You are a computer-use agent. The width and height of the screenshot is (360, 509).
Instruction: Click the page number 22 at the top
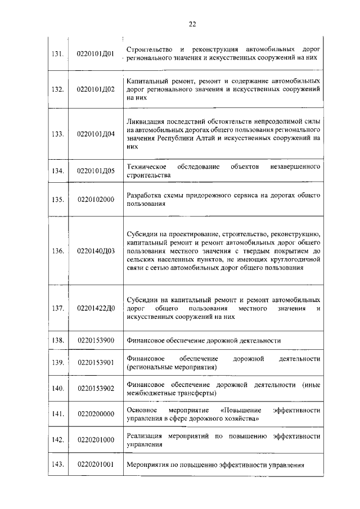(192, 24)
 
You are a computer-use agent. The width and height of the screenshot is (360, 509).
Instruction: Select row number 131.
(57, 54)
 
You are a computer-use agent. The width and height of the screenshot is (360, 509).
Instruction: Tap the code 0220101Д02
(96, 89)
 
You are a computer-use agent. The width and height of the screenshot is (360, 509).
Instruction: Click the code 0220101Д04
(96, 134)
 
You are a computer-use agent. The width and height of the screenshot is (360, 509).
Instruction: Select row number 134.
(57, 172)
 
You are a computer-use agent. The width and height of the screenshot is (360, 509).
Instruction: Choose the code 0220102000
(96, 199)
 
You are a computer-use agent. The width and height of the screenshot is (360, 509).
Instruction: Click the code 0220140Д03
(96, 251)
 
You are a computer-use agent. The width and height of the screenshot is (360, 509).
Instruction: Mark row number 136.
(57, 251)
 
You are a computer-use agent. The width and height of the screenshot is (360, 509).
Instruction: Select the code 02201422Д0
(96, 308)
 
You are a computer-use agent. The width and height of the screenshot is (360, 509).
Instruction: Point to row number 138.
(57, 340)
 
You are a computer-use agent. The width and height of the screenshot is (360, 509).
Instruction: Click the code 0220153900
(96, 340)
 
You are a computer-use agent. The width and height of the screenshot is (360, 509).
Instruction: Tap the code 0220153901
(96, 363)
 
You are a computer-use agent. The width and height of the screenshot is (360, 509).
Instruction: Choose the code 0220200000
(96, 414)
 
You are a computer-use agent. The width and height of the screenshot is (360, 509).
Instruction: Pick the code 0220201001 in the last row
(96, 465)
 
